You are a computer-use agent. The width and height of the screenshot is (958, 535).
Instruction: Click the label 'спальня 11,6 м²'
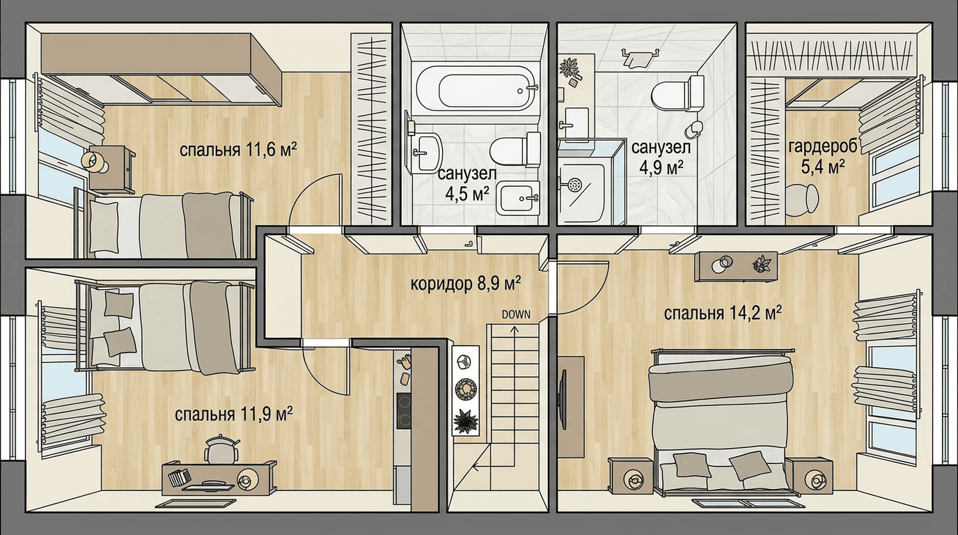pos(238,150)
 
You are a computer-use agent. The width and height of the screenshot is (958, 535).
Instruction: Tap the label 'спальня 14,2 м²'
pos(723,313)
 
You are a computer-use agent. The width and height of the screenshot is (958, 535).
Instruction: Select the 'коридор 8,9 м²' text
pos(466,284)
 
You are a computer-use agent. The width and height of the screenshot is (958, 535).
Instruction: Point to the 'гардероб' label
pos(823,147)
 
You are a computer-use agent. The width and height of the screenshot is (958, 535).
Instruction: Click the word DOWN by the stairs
pos(516,315)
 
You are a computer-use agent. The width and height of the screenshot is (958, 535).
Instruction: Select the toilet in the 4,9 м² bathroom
pos(678,93)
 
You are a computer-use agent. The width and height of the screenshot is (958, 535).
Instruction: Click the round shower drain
pos(574,185)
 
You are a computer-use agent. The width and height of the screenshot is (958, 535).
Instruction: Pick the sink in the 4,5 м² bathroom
pos(425,153)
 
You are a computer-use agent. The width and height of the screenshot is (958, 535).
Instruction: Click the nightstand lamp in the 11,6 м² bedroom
pos(93,162)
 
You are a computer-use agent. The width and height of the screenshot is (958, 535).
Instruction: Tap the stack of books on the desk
pos(179,476)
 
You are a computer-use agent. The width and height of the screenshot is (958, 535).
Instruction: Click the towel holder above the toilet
pos(639,57)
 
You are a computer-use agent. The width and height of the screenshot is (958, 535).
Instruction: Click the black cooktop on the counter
pos(404,410)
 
